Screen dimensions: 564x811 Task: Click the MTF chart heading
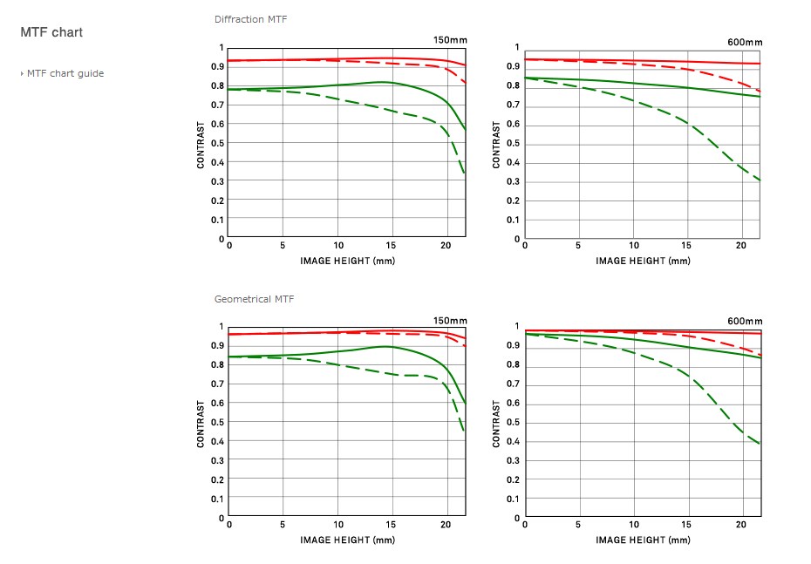click(51, 33)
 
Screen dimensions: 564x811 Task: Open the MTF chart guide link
click(65, 73)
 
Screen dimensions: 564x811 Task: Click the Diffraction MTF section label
click(250, 19)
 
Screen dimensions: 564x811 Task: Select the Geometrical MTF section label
click(254, 299)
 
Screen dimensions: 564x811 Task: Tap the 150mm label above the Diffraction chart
click(450, 40)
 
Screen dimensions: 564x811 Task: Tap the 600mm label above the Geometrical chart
click(745, 321)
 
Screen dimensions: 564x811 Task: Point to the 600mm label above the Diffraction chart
click(745, 42)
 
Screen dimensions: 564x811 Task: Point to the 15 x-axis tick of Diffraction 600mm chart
click(687, 246)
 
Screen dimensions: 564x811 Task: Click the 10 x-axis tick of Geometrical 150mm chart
click(338, 525)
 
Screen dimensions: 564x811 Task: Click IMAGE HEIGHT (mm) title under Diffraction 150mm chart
click(347, 260)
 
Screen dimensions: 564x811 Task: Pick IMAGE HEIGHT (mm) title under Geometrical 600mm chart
click(643, 540)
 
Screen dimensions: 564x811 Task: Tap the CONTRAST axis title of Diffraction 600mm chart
click(496, 145)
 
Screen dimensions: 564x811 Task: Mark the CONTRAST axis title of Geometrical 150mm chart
click(201, 424)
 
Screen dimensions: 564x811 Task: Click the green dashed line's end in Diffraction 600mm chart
click(760, 180)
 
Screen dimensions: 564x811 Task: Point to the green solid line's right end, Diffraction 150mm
click(465, 130)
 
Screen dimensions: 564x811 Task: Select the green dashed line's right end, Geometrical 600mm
click(760, 444)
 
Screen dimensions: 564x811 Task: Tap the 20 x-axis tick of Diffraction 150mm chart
click(446, 246)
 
